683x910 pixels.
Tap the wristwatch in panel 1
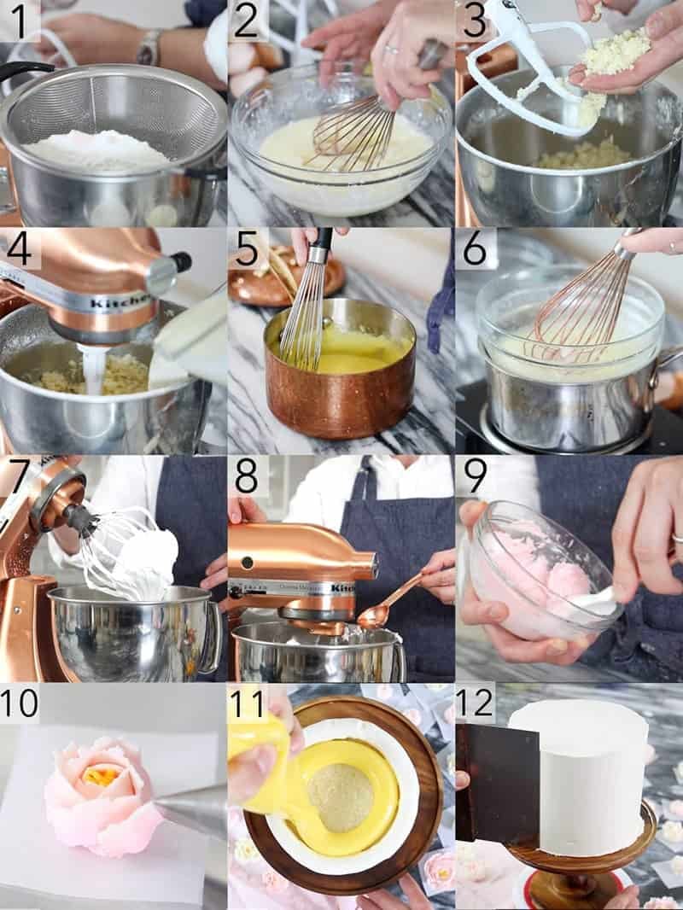(x=149, y=48)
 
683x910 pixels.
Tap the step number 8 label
(x=247, y=475)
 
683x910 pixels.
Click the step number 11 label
(x=248, y=703)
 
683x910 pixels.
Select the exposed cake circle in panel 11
(x=340, y=797)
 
